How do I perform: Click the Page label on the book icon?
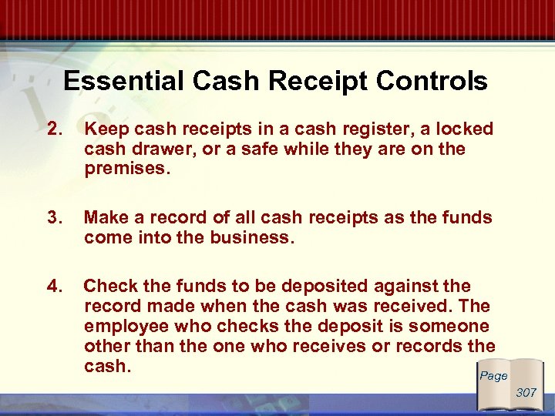tap(493, 375)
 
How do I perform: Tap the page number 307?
tap(526, 392)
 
